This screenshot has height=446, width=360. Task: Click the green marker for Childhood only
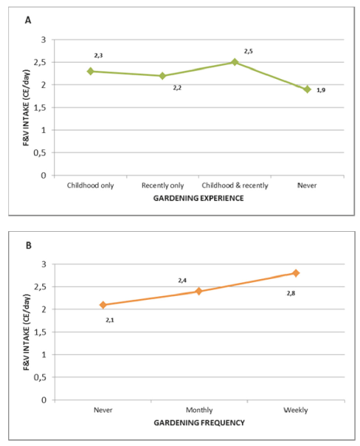[x=90, y=71]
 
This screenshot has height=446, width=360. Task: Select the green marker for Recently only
[x=162, y=75]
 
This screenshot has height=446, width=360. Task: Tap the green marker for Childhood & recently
[x=235, y=62]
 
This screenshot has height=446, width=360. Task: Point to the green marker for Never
[x=307, y=89]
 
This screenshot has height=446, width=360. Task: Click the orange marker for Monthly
[x=199, y=291]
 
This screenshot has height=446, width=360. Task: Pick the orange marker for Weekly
[x=296, y=273]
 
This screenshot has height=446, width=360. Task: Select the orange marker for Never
[x=103, y=305]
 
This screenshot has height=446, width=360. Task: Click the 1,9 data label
[x=321, y=90]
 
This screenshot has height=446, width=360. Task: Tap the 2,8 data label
[x=291, y=293]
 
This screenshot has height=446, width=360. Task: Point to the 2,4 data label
[x=182, y=281]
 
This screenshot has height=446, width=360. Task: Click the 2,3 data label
[x=99, y=55]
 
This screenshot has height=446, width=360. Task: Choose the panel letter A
[x=28, y=20]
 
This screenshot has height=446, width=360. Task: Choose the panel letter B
[x=29, y=245]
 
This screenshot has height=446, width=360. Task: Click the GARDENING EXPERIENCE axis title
[x=198, y=198]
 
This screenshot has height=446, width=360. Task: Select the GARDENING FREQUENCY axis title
[x=199, y=423]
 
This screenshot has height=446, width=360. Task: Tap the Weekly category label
[x=296, y=410]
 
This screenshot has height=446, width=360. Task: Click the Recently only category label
[x=163, y=185]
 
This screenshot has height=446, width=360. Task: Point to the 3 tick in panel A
[x=44, y=40]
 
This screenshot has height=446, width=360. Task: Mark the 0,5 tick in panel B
[x=40, y=377]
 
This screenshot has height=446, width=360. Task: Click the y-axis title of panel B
[x=27, y=332]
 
